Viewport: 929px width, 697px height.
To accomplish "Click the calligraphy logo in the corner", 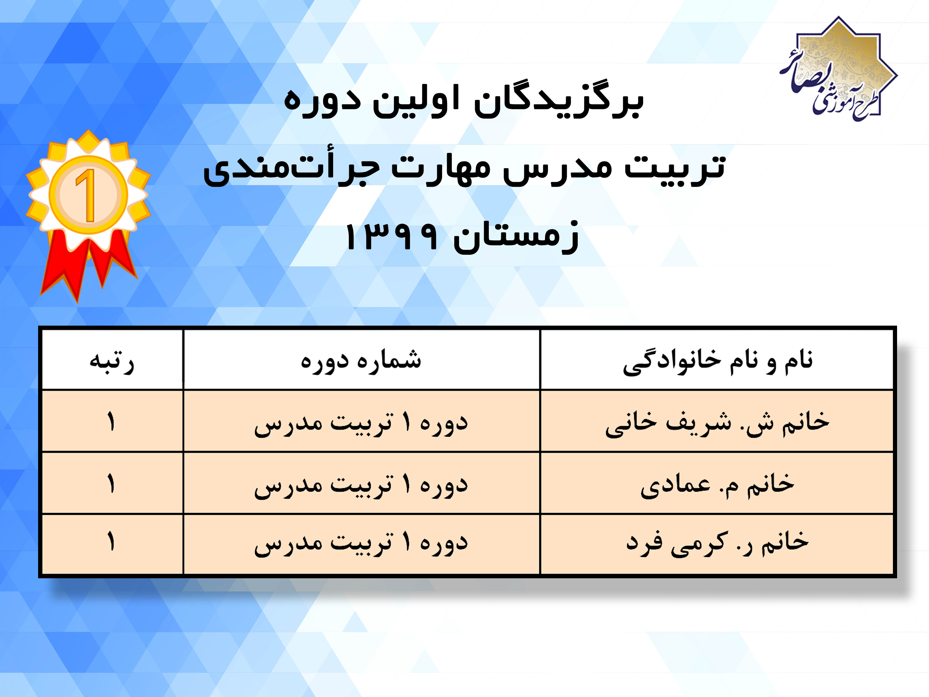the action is click(x=838, y=69).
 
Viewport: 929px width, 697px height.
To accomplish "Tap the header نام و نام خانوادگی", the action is click(x=717, y=361).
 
